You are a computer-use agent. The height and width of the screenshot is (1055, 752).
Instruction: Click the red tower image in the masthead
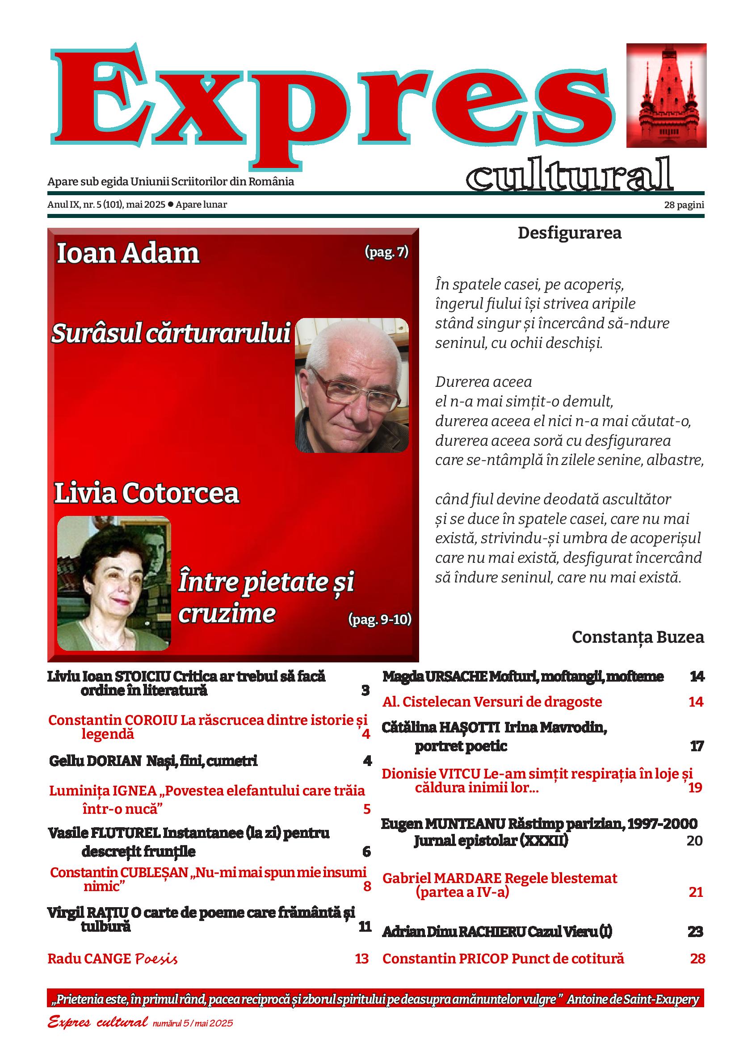[x=666, y=96]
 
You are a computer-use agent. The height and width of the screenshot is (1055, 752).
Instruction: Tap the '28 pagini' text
[x=684, y=205]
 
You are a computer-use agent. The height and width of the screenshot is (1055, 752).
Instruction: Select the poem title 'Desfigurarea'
[x=569, y=233]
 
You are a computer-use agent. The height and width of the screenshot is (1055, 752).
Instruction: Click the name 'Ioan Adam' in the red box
[x=128, y=254]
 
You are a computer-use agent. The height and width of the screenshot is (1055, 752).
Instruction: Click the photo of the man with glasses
[x=352, y=385]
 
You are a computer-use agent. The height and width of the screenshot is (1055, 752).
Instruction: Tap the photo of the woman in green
[x=114, y=583]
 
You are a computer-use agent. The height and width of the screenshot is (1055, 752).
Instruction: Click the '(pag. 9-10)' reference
[x=380, y=620]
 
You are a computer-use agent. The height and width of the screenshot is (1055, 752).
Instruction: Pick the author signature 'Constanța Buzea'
[x=638, y=637]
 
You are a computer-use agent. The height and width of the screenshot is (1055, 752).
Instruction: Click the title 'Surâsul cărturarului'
[x=170, y=333]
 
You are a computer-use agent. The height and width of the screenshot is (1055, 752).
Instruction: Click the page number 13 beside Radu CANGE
[x=361, y=958]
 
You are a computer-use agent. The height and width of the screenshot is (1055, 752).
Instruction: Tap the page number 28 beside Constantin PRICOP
[x=697, y=958]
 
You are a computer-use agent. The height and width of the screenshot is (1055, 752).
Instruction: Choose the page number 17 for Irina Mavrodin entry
[x=697, y=746]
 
